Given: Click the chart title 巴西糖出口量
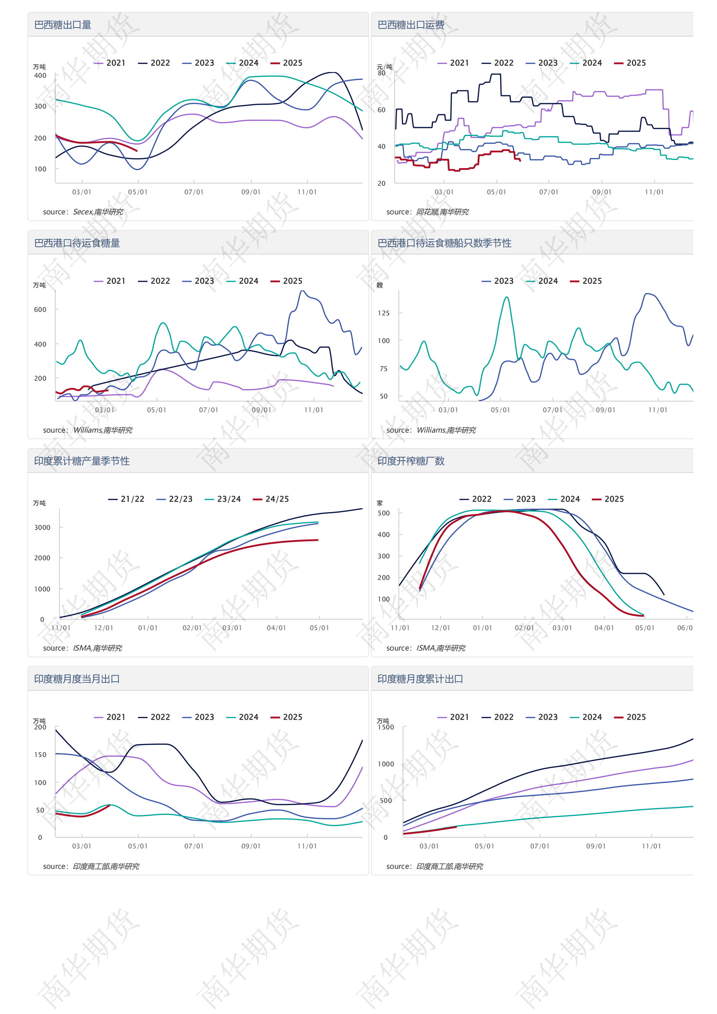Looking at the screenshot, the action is tap(63, 25).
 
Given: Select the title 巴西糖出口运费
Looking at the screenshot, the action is tap(411, 25).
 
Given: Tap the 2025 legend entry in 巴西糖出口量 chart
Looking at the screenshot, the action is tap(286, 63).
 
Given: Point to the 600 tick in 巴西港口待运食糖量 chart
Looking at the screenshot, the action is tap(40, 310).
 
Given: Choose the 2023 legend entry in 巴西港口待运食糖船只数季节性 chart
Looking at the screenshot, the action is tap(498, 281).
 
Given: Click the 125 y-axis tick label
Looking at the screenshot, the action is tap(384, 313).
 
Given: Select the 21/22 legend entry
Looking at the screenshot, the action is tap(126, 499).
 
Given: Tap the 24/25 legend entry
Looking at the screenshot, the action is tap(271, 499).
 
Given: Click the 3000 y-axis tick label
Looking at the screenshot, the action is tap(42, 527).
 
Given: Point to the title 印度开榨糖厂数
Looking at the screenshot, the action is tap(411, 461).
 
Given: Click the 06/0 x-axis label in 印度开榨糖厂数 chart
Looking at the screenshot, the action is tap(685, 628).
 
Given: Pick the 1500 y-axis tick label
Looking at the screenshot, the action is tap(386, 727).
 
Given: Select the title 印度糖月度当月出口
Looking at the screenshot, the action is tap(77, 679).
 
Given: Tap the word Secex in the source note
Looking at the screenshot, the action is tap(82, 212).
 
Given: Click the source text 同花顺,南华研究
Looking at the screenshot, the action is tap(442, 212).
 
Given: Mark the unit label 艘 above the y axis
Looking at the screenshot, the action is tap(380, 285).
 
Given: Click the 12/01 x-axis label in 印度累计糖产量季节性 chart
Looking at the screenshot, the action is tap(104, 628).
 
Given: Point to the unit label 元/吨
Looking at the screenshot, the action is tap(384, 67).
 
